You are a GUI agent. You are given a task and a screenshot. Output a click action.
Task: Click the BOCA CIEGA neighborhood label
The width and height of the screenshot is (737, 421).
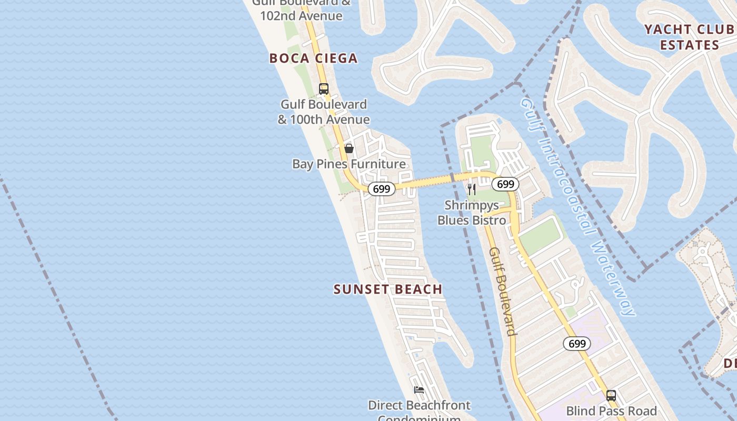pyautogui.click(x=313, y=58)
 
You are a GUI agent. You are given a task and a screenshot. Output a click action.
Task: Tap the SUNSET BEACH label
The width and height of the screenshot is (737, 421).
pyautogui.click(x=388, y=289)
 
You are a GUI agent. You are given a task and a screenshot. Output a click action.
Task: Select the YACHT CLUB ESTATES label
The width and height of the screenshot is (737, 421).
pyautogui.click(x=689, y=37)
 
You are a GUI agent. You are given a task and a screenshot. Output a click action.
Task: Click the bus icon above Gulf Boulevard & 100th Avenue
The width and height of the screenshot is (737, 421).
pyautogui.click(x=324, y=89)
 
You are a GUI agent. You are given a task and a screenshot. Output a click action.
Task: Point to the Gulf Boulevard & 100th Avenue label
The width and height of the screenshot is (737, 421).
pyautogui.click(x=324, y=112)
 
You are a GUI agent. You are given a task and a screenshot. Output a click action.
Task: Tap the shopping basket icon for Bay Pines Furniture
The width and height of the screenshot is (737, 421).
pyautogui.click(x=348, y=148)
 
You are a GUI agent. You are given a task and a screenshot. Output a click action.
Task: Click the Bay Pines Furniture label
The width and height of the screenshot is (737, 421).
pyautogui.click(x=349, y=164)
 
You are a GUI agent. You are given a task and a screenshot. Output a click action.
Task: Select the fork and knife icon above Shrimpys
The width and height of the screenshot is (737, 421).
pyautogui.click(x=472, y=189)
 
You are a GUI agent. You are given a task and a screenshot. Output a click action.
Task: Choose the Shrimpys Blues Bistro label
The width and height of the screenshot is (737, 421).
pyautogui.click(x=472, y=213)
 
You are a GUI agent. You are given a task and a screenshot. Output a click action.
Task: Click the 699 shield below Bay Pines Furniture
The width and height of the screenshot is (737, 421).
pyautogui.click(x=381, y=189)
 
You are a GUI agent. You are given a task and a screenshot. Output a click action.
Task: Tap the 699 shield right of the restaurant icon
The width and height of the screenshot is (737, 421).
pyautogui.click(x=505, y=184)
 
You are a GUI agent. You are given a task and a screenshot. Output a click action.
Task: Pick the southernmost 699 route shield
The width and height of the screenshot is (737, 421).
pyautogui.click(x=577, y=344)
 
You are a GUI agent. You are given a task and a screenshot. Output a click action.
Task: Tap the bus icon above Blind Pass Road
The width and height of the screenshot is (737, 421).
pyautogui.click(x=611, y=395)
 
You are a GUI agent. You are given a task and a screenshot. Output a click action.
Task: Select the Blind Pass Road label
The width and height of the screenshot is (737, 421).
pyautogui.click(x=611, y=411)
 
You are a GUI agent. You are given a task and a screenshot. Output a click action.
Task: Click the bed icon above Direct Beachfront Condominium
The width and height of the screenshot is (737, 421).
pyautogui.click(x=419, y=390)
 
